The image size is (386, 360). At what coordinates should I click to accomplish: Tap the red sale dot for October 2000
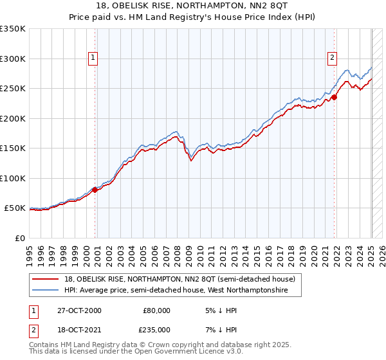click(95, 190)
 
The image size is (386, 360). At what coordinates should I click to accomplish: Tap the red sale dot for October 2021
click(335, 98)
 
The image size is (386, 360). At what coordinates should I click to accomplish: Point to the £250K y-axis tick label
click(12, 89)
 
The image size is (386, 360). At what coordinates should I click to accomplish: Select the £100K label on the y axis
click(12, 178)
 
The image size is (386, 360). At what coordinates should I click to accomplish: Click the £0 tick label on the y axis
click(19, 238)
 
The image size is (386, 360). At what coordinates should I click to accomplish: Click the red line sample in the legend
click(46, 280)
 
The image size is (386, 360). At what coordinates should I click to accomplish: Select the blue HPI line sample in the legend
click(46, 291)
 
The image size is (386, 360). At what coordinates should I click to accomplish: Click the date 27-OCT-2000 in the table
click(78, 310)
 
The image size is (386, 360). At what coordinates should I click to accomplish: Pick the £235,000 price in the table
click(156, 329)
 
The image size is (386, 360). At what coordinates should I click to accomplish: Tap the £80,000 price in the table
click(156, 310)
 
